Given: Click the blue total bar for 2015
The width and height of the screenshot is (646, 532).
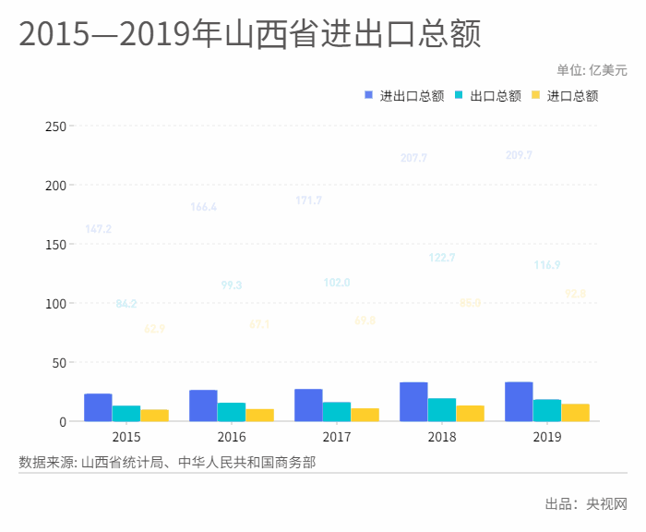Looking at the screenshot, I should tap(98, 407).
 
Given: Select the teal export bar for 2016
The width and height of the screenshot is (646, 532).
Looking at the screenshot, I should tap(231, 412).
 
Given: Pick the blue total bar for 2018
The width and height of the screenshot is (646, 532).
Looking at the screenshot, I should tap(413, 402).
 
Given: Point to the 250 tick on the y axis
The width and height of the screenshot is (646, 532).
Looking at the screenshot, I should tap(55, 126).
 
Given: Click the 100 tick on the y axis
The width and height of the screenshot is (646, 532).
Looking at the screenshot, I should tap(55, 303).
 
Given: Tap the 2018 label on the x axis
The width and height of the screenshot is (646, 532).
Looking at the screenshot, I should tap(442, 436).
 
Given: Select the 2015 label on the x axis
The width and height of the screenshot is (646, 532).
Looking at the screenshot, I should tap(126, 436).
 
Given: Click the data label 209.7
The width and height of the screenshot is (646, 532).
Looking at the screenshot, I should tap(519, 155).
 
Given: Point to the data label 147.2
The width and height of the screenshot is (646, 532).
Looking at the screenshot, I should tap(98, 229).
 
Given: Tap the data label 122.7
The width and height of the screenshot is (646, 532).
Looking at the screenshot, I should tap(442, 258).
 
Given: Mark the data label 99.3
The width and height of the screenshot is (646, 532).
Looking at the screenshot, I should tap(232, 285).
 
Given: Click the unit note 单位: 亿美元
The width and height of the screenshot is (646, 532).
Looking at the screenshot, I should tap(592, 69).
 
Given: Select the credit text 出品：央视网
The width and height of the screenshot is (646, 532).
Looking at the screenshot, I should tap(586, 504).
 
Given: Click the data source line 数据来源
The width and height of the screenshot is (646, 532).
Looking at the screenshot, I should tap(167, 461).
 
